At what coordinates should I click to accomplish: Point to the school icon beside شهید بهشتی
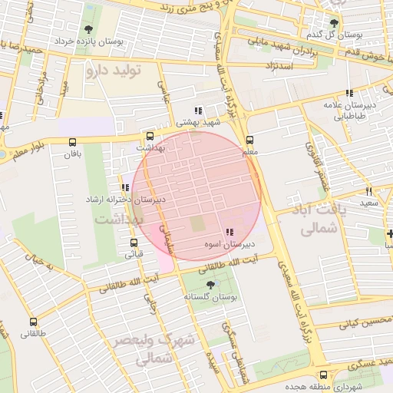(x=199, y=111)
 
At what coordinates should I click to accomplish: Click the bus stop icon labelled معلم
(x=249, y=140)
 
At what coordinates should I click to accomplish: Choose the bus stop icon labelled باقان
(x=72, y=143)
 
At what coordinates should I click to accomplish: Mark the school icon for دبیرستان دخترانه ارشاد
(x=125, y=187)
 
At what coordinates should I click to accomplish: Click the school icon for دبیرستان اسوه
(x=229, y=232)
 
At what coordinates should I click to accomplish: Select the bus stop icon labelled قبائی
(x=134, y=243)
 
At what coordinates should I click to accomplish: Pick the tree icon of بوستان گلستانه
(x=210, y=285)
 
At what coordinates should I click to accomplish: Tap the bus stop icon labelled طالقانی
(x=32, y=322)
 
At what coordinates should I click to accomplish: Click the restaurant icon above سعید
(x=369, y=191)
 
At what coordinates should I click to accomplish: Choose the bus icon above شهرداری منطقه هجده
(x=322, y=375)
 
